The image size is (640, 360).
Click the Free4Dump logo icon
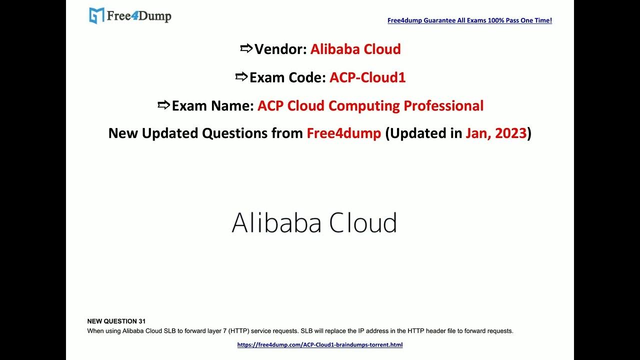coord(96,15)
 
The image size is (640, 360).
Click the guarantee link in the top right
coord(469,20)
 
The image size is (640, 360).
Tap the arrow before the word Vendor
coord(246,48)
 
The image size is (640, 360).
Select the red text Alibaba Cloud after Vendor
coord(355,49)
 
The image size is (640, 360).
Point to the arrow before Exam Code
coord(241,76)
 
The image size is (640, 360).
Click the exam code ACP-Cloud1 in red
coord(367,77)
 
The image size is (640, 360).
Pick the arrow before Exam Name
coord(163,105)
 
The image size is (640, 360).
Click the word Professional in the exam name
coord(443,105)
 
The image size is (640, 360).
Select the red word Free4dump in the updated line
coord(343,133)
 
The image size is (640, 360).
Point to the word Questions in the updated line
coord(234,133)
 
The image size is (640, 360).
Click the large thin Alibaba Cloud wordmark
coord(314,222)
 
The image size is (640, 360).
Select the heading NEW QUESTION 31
coord(116,321)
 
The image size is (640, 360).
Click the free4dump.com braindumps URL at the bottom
coord(320,345)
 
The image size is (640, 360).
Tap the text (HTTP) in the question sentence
coord(238,331)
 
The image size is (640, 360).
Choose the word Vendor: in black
coord(280,49)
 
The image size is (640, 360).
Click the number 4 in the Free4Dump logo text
coord(134,15)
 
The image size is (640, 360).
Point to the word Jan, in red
coord(478,133)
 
